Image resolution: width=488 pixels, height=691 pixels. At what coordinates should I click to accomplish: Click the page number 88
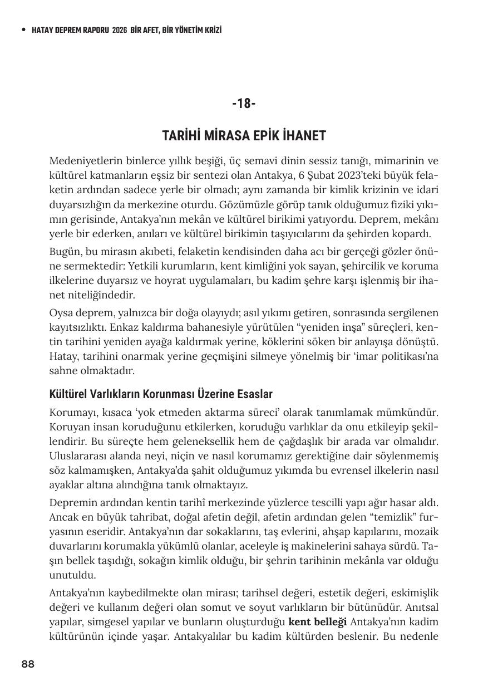point(28,664)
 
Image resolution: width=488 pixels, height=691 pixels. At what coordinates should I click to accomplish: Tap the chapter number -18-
point(244,104)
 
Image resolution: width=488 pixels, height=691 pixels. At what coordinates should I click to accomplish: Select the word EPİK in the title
point(254,136)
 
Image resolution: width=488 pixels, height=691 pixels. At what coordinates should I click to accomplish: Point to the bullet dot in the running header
point(23,30)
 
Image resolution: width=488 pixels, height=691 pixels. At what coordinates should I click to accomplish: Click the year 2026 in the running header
point(119,30)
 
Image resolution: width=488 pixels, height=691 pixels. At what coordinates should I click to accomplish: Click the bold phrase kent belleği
point(318,620)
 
